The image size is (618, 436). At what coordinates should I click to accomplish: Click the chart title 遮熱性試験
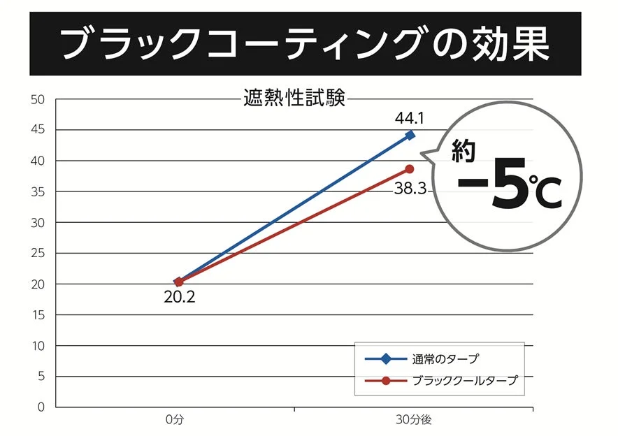click(294, 98)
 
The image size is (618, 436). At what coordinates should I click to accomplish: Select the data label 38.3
click(410, 188)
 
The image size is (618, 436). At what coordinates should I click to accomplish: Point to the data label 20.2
click(180, 298)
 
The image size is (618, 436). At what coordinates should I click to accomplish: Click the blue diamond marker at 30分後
click(410, 135)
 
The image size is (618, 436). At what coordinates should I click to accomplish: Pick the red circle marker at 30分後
click(410, 169)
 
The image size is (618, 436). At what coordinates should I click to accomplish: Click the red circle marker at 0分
click(179, 282)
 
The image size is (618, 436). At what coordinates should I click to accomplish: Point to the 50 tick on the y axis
click(38, 100)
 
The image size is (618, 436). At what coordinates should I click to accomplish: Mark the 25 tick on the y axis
click(38, 254)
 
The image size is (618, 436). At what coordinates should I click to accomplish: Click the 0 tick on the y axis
click(41, 407)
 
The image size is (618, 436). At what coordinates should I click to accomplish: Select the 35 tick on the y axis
click(38, 192)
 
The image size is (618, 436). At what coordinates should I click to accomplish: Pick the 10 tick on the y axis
click(38, 346)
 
